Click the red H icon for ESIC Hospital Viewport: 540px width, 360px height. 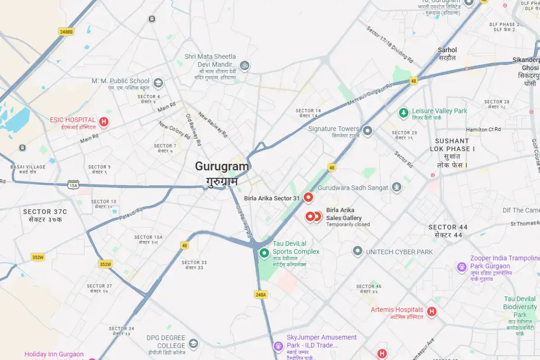(x=104, y=121)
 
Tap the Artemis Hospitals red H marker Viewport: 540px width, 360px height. (x=432, y=311)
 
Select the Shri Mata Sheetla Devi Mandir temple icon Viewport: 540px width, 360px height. (x=244, y=65)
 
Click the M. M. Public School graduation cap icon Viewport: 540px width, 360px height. (x=158, y=83)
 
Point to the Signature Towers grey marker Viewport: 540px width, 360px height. (x=368, y=131)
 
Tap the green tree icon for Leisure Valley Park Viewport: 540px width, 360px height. (x=404, y=112)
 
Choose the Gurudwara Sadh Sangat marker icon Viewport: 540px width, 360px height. (x=396, y=187)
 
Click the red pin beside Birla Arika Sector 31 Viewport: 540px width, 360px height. (x=308, y=197)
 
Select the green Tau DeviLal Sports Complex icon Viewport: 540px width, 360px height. (x=264, y=253)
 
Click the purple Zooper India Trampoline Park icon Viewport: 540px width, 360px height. (x=462, y=267)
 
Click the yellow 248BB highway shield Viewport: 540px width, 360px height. (x=66, y=31)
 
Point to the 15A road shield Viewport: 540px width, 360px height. (x=73, y=185)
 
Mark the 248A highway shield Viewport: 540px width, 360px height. (x=261, y=294)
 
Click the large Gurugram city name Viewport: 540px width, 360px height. (x=221, y=166)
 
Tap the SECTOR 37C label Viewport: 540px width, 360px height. (x=45, y=211)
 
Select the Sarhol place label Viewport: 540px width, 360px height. (x=447, y=50)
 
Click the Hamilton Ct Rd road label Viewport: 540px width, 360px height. (x=483, y=130)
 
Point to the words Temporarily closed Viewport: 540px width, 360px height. (x=348, y=225)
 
